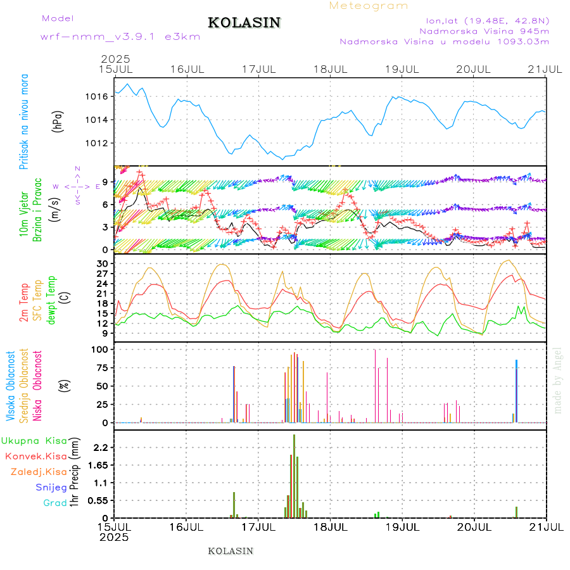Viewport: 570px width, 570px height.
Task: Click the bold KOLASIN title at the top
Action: click(244, 23)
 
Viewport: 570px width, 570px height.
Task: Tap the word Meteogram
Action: click(369, 6)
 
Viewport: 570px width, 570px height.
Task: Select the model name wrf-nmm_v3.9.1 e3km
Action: click(120, 36)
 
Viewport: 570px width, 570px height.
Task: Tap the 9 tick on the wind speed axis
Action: click(105, 181)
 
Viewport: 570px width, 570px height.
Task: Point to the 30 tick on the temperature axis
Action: click(103, 263)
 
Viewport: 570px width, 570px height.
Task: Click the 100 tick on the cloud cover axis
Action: click(101, 349)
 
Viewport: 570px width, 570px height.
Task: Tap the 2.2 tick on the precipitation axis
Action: click(100, 447)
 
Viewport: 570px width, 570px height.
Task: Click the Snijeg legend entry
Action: click(51, 487)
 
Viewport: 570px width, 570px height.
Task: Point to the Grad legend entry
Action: click(54, 503)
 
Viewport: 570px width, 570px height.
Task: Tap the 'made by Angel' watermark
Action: click(558, 380)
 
